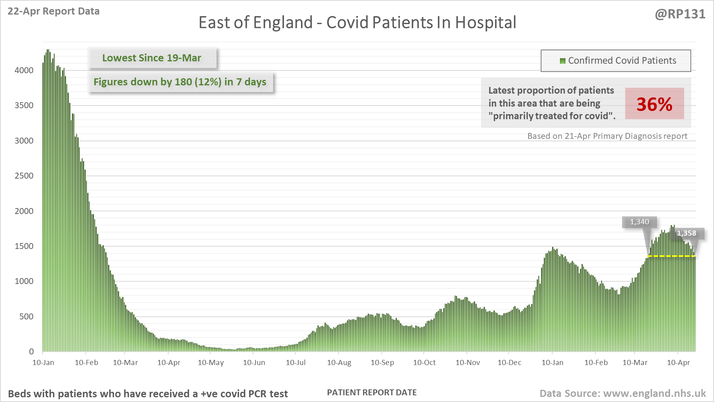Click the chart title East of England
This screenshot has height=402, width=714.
click(x=357, y=22)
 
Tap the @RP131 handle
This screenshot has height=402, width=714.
click(x=680, y=14)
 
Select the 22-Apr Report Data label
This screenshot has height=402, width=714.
click(x=53, y=11)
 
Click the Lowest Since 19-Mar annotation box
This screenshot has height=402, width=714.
click(x=152, y=58)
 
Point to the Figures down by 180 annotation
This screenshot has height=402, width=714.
click(x=180, y=82)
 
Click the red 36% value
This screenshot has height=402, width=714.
click(x=654, y=104)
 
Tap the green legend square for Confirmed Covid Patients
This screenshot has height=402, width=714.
click(x=562, y=61)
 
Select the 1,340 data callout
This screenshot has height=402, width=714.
click(x=639, y=222)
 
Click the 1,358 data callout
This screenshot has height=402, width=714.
click(x=686, y=233)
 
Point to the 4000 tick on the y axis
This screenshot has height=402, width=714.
click(x=24, y=70)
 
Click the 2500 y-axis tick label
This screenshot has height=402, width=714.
click(x=24, y=176)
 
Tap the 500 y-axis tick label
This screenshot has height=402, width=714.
click(x=26, y=317)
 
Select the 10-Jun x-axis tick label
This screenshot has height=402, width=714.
click(x=254, y=363)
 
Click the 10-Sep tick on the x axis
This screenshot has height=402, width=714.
click(x=382, y=363)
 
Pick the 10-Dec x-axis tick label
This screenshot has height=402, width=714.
click(x=509, y=363)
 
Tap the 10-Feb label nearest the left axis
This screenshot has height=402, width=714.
click(x=86, y=363)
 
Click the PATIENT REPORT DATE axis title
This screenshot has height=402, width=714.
click(x=372, y=393)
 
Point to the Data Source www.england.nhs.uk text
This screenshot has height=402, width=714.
click(x=622, y=393)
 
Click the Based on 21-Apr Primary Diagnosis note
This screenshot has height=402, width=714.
click(x=607, y=136)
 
